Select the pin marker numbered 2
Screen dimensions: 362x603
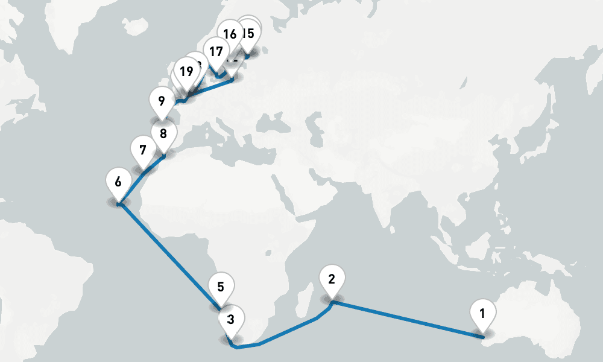(331, 279)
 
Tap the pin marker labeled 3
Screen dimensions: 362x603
(230, 317)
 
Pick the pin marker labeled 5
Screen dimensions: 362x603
(221, 287)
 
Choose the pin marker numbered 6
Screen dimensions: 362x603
(118, 182)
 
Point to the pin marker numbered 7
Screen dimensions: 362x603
(143, 150)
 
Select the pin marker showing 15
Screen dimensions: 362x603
(248, 34)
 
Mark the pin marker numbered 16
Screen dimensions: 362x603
(229, 34)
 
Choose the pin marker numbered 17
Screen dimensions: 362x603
(216, 51)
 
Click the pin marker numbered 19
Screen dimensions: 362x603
(186, 72)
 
